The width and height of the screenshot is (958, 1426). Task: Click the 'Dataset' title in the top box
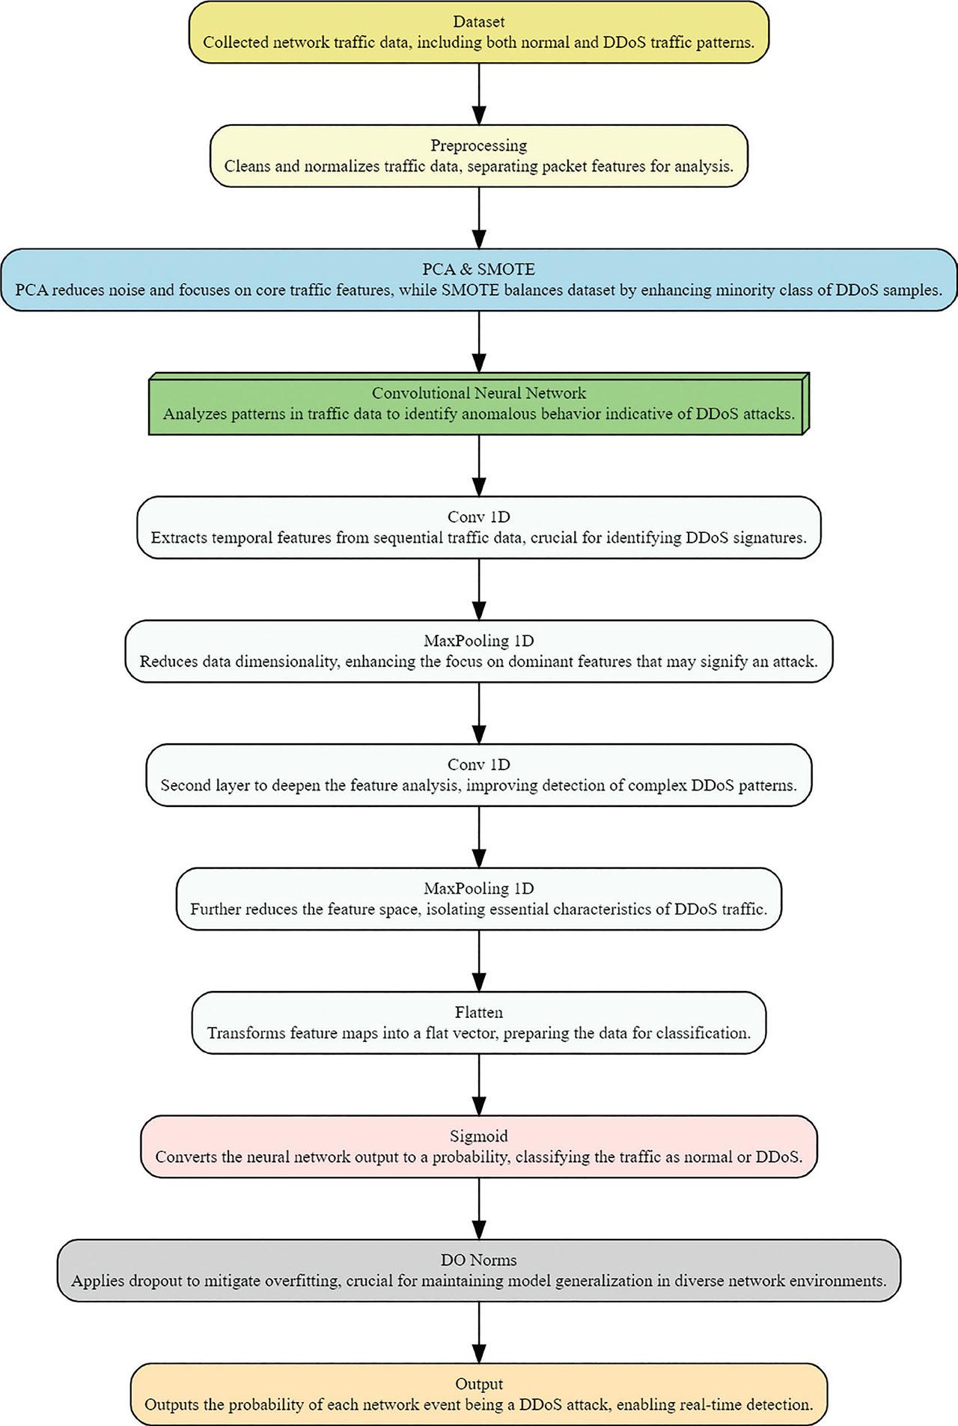click(479, 22)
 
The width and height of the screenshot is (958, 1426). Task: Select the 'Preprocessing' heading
click(479, 145)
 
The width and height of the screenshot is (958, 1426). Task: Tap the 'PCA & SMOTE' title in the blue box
click(479, 269)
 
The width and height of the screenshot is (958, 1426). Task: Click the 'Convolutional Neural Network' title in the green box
click(479, 393)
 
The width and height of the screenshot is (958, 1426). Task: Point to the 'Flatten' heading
click(479, 1012)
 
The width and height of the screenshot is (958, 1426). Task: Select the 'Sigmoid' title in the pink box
click(479, 1136)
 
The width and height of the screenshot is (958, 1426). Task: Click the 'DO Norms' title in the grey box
click(479, 1260)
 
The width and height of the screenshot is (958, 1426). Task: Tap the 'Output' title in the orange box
click(479, 1383)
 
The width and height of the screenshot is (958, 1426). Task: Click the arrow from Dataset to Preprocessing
click(479, 94)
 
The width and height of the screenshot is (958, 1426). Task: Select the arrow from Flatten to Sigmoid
click(479, 1085)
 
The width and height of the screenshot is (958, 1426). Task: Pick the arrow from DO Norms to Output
click(479, 1332)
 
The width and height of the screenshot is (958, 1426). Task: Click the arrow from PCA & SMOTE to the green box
click(479, 341)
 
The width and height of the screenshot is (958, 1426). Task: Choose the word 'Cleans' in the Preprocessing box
click(247, 166)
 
